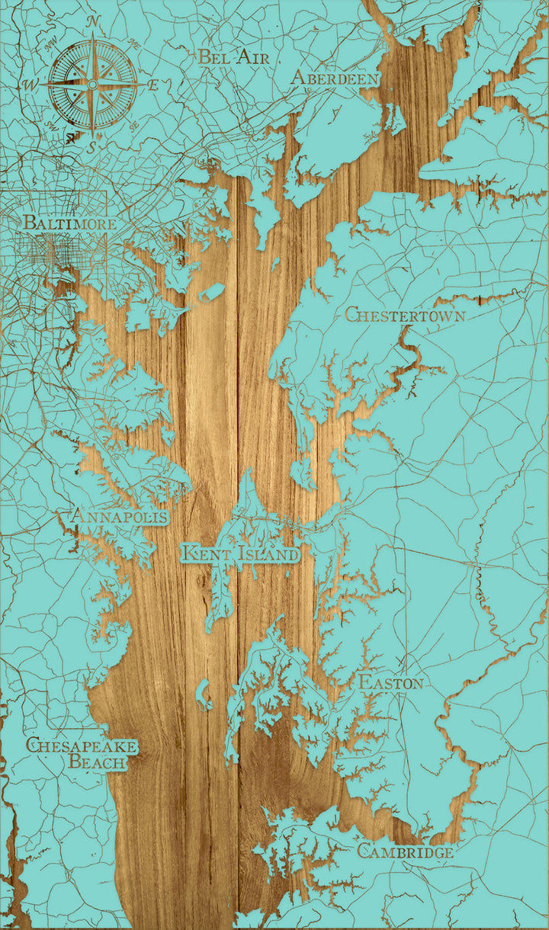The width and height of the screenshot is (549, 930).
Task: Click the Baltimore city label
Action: pos(69,224)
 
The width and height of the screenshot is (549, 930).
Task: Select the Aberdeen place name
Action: pos(335,79)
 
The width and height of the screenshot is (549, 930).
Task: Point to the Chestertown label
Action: pos(405,314)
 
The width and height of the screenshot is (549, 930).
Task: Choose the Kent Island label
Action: pos(240,553)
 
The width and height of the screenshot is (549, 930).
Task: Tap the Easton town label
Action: pos(390,682)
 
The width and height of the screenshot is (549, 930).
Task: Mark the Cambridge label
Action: pos(406,851)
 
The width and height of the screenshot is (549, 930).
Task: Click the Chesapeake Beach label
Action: pos(82,752)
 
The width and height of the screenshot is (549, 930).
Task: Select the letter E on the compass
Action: pos(152,84)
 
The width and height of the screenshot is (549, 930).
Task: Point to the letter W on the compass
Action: pos(32,84)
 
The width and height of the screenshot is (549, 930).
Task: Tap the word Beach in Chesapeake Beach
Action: pos(98,762)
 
